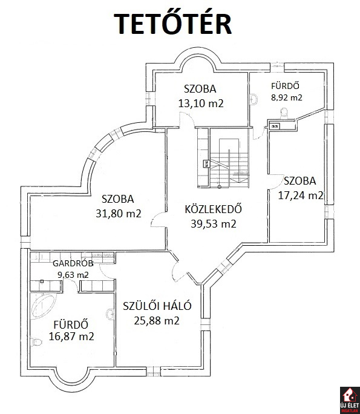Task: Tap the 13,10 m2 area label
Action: click(201, 103)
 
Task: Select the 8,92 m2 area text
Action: click(287, 97)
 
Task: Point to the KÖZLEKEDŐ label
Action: click(213, 209)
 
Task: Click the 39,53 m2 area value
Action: click(213, 223)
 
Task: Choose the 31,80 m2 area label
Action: click(118, 213)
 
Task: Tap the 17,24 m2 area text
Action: click(301, 195)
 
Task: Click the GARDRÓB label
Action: click(73, 263)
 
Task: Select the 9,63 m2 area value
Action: click(73, 275)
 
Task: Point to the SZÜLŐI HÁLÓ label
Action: click(157, 306)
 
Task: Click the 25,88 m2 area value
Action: click(157, 321)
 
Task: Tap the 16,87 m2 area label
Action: click(71, 337)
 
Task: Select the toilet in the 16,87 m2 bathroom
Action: click(36, 343)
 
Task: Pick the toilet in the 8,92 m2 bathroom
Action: click(284, 113)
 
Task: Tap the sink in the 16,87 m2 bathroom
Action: click(110, 314)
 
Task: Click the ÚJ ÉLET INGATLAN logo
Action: click(350, 401)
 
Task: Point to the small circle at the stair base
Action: click(219, 187)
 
